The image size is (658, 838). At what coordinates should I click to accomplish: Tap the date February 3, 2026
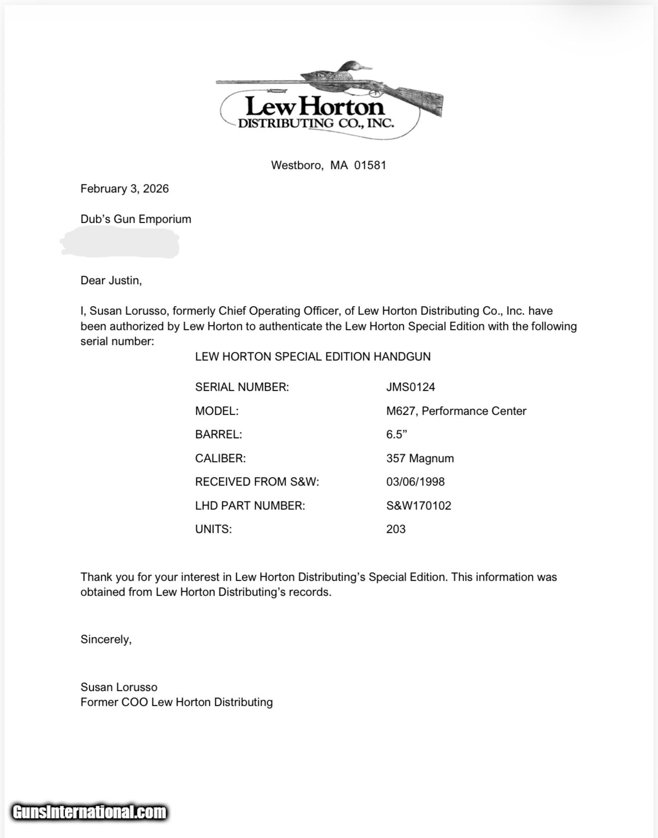[x=125, y=189]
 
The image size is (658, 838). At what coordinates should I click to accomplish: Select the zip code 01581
[x=370, y=166]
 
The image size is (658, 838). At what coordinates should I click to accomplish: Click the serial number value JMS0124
[x=410, y=387]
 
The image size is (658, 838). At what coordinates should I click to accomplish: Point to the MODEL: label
[x=217, y=411]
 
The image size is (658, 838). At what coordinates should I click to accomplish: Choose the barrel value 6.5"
[x=396, y=435]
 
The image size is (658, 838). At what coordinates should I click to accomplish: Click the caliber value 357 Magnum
[x=420, y=459]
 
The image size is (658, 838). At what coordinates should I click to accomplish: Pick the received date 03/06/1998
[x=415, y=482]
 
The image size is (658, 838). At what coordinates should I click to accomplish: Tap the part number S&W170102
[x=418, y=506]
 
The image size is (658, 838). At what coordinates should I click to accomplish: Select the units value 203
[x=396, y=529]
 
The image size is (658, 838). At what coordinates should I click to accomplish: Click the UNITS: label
[x=213, y=529]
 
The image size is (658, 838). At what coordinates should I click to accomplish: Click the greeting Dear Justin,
[x=111, y=281]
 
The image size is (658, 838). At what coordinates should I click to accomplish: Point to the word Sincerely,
[x=106, y=640]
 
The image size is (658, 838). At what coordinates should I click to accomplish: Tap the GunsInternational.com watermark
[x=90, y=812]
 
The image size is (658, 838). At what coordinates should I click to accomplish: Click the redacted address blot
[x=120, y=243]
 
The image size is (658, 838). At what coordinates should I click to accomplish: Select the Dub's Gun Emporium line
[x=136, y=219]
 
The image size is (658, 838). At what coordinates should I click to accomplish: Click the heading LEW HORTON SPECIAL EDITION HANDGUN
[x=313, y=357]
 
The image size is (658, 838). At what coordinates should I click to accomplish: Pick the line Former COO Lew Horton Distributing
[x=176, y=702]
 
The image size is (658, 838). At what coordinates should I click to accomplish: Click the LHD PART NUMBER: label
[x=250, y=506]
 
